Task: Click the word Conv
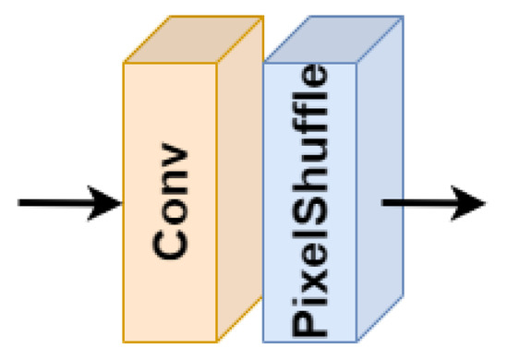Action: [170, 202]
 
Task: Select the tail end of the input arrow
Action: [21, 202]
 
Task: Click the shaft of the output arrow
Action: [416, 202]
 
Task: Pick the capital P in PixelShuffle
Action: [308, 318]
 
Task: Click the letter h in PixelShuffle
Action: [308, 189]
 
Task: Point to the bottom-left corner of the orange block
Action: [125, 339]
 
